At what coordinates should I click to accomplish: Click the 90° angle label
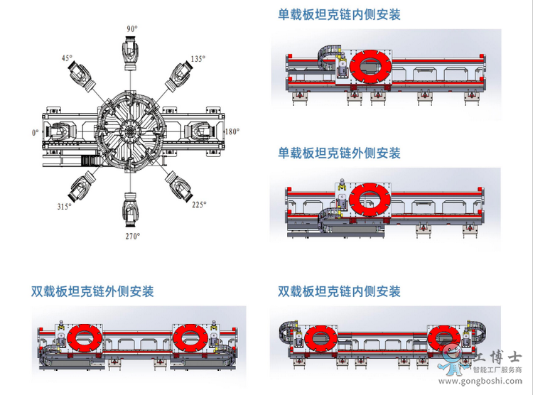click(x=132, y=29)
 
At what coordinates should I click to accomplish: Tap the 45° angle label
click(x=67, y=58)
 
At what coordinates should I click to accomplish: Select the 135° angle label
click(x=198, y=59)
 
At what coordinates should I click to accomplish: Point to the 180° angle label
click(x=232, y=131)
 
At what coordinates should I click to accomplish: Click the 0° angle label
click(x=36, y=133)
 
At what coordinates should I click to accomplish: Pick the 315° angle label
click(x=64, y=206)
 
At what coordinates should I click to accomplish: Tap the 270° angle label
click(x=133, y=236)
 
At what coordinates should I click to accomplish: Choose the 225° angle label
click(x=199, y=205)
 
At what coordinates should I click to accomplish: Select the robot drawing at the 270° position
click(x=130, y=209)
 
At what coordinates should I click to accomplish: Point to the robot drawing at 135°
click(x=179, y=77)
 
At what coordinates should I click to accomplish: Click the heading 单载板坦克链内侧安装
click(x=339, y=15)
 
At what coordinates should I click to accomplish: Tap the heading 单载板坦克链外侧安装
click(x=339, y=153)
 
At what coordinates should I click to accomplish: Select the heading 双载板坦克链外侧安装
click(x=92, y=291)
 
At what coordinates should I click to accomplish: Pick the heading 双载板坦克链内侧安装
click(x=339, y=291)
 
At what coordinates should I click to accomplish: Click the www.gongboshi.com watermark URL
click(x=480, y=381)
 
